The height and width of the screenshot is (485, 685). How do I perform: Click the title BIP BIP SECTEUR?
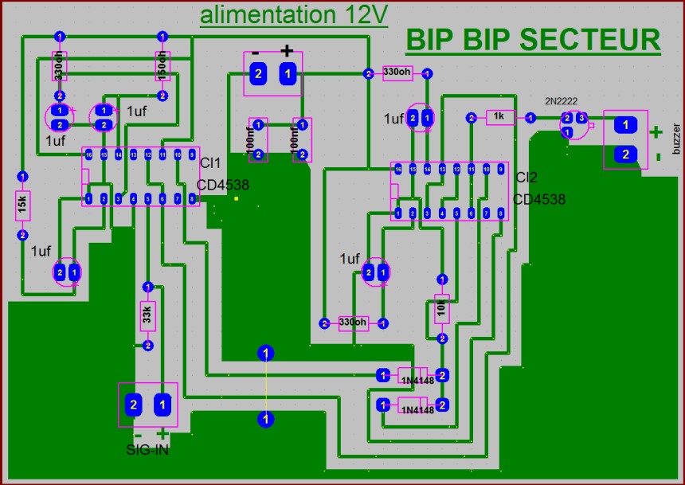[532, 39]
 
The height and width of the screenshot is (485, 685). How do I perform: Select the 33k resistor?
[147, 315]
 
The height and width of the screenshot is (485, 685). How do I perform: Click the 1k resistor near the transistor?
[500, 118]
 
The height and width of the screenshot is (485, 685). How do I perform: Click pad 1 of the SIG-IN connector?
[163, 405]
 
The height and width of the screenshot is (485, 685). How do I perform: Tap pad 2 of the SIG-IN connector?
[134, 405]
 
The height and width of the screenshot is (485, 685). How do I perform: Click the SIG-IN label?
[147, 450]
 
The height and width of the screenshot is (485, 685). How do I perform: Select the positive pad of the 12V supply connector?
[287, 74]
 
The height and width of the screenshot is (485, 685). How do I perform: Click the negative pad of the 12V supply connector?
[257, 74]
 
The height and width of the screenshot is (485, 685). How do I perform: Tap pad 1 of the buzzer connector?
[626, 124]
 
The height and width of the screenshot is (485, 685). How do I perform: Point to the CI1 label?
[210, 163]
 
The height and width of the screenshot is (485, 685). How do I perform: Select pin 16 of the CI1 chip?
[88, 154]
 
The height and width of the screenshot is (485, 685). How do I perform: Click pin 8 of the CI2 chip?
[500, 213]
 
